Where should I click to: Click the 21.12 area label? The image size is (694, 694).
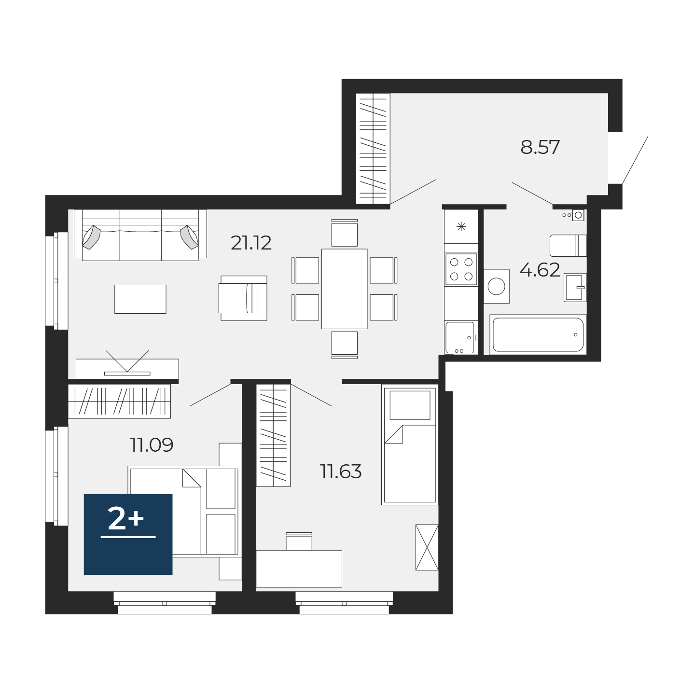(250, 243)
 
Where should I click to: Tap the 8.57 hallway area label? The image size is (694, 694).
(540, 147)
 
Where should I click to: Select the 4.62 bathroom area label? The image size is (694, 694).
(540, 270)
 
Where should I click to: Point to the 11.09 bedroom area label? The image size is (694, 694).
(152, 445)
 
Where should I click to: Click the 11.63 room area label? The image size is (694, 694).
(341, 472)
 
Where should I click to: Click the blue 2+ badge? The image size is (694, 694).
(128, 534)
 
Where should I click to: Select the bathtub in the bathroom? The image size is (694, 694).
(538, 334)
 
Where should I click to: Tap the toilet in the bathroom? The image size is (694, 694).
(568, 246)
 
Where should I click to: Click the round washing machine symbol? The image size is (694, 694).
(496, 286)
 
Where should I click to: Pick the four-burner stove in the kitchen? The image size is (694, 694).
(461, 269)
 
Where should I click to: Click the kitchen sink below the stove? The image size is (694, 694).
(460, 337)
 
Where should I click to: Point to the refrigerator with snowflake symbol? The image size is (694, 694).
(461, 226)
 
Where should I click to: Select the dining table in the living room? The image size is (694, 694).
(344, 289)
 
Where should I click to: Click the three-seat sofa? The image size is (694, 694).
(140, 235)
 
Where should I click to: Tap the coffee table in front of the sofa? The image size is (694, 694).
(140, 299)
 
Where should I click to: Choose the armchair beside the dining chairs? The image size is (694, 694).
(243, 298)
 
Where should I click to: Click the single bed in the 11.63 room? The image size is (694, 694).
(410, 444)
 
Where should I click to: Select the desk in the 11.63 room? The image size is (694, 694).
(299, 569)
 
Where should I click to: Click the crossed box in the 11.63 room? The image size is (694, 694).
(427, 547)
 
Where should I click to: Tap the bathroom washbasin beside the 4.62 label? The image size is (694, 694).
(575, 288)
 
